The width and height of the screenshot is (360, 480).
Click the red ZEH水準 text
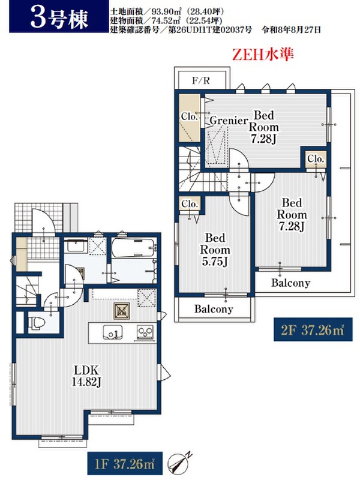(263, 55)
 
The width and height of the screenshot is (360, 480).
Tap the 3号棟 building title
(59, 18)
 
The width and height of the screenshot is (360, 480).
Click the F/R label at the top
(201, 80)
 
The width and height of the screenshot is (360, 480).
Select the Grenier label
(229, 121)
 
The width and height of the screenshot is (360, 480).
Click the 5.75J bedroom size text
(214, 262)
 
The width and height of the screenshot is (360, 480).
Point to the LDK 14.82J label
(86, 376)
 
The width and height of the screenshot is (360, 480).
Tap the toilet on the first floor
(37, 323)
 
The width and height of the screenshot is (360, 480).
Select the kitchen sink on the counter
(112, 332)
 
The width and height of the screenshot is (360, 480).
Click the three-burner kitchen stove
(145, 332)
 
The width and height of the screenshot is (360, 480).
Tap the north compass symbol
(179, 464)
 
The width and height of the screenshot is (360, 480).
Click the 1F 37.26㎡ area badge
(125, 464)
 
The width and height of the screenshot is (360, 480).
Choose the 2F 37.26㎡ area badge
(313, 329)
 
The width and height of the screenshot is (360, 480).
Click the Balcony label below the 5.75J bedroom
(214, 308)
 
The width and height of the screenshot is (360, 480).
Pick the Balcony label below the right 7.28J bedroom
(290, 283)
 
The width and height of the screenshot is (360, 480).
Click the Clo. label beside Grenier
(188, 116)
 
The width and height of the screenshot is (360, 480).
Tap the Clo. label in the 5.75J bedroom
(190, 204)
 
